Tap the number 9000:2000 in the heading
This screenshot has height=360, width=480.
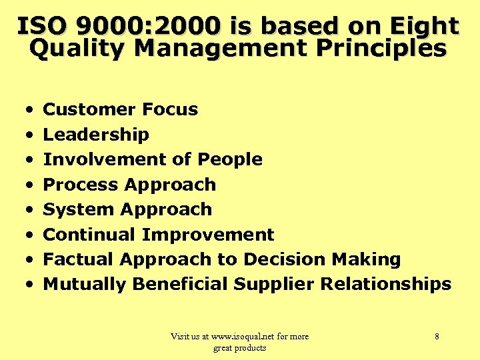coord(149,26)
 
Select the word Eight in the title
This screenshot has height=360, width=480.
coord(424,26)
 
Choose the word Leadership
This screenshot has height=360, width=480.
coord(96,135)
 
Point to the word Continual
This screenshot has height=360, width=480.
coord(90,235)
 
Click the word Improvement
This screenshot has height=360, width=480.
coord(208,235)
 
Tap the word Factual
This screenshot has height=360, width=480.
coord(77,259)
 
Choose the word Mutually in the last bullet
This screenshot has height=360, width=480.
coord(85,284)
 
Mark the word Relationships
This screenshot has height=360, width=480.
coord(386,284)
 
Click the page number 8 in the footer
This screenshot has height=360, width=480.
coord(437,337)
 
